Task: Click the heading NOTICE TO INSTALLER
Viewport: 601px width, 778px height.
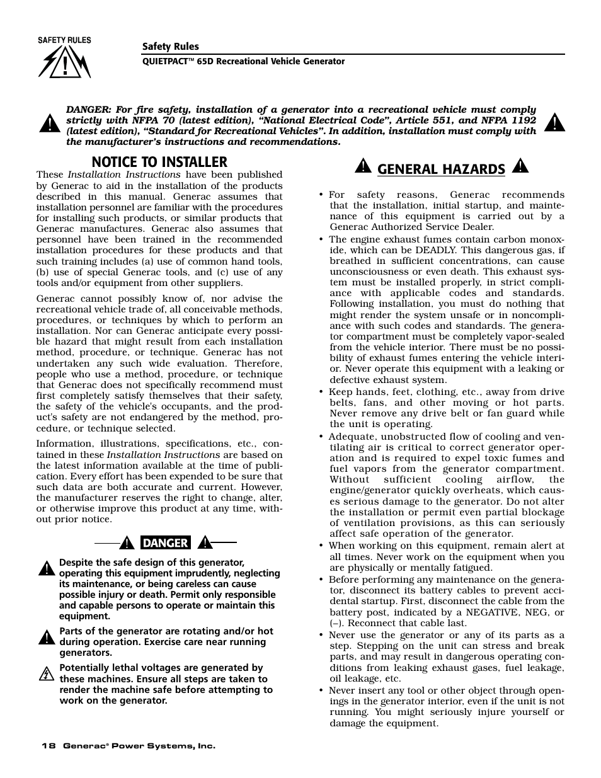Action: (159, 162)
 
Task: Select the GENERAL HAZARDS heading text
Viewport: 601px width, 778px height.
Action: (441, 169)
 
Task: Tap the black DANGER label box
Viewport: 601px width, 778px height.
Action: (165, 542)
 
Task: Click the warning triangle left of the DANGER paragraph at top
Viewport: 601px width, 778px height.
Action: (49, 125)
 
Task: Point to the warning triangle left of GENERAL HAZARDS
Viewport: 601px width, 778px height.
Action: (363, 166)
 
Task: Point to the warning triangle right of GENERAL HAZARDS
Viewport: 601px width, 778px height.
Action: (520, 166)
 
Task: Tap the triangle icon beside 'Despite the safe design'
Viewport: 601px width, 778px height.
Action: (45, 568)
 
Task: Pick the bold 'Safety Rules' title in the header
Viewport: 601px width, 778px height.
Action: (170, 47)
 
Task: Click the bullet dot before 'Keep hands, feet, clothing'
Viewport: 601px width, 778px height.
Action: (321, 392)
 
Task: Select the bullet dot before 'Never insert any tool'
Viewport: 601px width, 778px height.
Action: (321, 690)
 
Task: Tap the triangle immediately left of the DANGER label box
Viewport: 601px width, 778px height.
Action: (127, 542)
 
